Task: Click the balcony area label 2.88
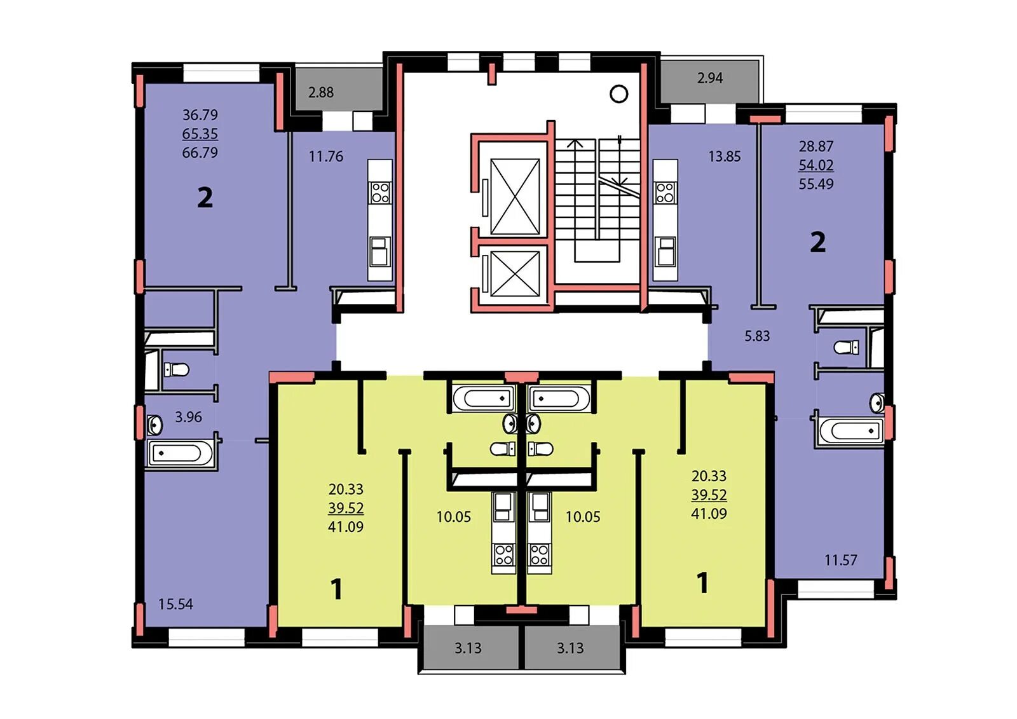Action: (321, 92)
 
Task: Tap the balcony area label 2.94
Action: (710, 78)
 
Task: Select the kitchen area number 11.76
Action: (326, 156)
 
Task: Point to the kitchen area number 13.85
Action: (724, 156)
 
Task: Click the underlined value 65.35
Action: (200, 134)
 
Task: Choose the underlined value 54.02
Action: (816, 165)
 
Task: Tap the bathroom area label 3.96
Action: (188, 416)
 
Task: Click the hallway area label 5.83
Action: (757, 336)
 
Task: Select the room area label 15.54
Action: (175, 604)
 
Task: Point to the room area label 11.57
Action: (841, 560)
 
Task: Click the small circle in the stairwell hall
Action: (618, 94)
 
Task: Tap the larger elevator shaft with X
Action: (515, 196)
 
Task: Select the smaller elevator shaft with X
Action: (515, 274)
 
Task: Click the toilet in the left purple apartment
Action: (177, 369)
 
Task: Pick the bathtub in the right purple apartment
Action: (851, 430)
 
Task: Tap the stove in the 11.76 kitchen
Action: (381, 193)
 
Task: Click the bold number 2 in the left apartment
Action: (205, 198)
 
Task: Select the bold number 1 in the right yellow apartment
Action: (702, 583)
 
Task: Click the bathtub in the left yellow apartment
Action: (484, 399)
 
